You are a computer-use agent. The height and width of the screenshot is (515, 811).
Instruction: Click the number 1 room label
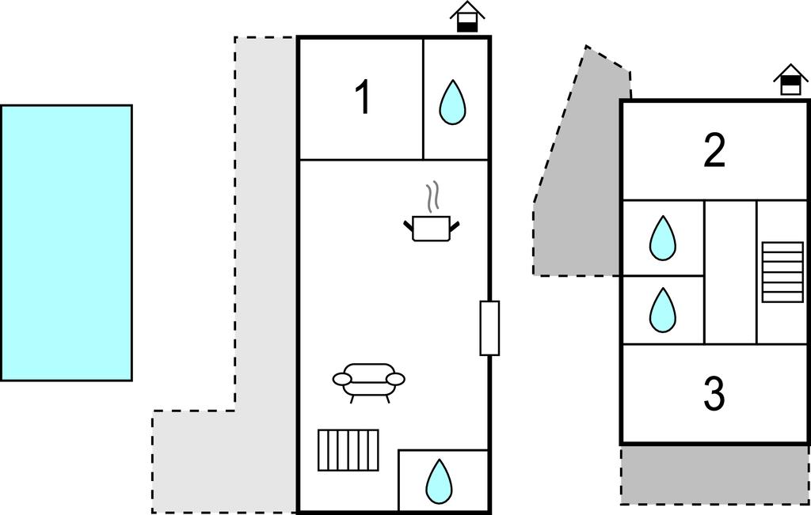tap(362, 99)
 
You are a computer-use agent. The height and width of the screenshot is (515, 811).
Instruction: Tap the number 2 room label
tap(714, 151)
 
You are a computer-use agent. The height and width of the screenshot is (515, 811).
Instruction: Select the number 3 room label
tap(714, 394)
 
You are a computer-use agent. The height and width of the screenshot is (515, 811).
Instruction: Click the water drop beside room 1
tap(452, 102)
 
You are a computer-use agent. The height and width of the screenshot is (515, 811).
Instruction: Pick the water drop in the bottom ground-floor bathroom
tap(439, 481)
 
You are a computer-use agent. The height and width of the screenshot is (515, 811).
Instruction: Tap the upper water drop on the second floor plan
tap(662, 238)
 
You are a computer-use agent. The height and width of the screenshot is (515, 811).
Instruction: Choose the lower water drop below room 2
tap(662, 310)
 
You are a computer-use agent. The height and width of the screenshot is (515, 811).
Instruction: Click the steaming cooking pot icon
tap(432, 228)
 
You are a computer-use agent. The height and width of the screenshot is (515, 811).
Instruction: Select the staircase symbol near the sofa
tap(348, 450)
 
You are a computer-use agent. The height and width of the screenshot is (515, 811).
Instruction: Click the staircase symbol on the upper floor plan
tap(782, 272)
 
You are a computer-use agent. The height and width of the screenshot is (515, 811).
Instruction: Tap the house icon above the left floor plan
tap(467, 17)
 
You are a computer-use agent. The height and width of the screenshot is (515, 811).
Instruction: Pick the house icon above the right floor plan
tap(790, 80)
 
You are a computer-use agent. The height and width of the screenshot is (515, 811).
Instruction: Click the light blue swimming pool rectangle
tap(67, 243)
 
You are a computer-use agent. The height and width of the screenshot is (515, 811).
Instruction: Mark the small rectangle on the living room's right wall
tap(489, 328)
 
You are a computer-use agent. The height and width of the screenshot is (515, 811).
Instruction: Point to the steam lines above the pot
tap(432, 197)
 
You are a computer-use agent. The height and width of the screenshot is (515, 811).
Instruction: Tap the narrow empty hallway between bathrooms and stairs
tap(730, 272)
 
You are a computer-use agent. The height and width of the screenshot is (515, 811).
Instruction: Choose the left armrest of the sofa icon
tap(342, 380)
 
